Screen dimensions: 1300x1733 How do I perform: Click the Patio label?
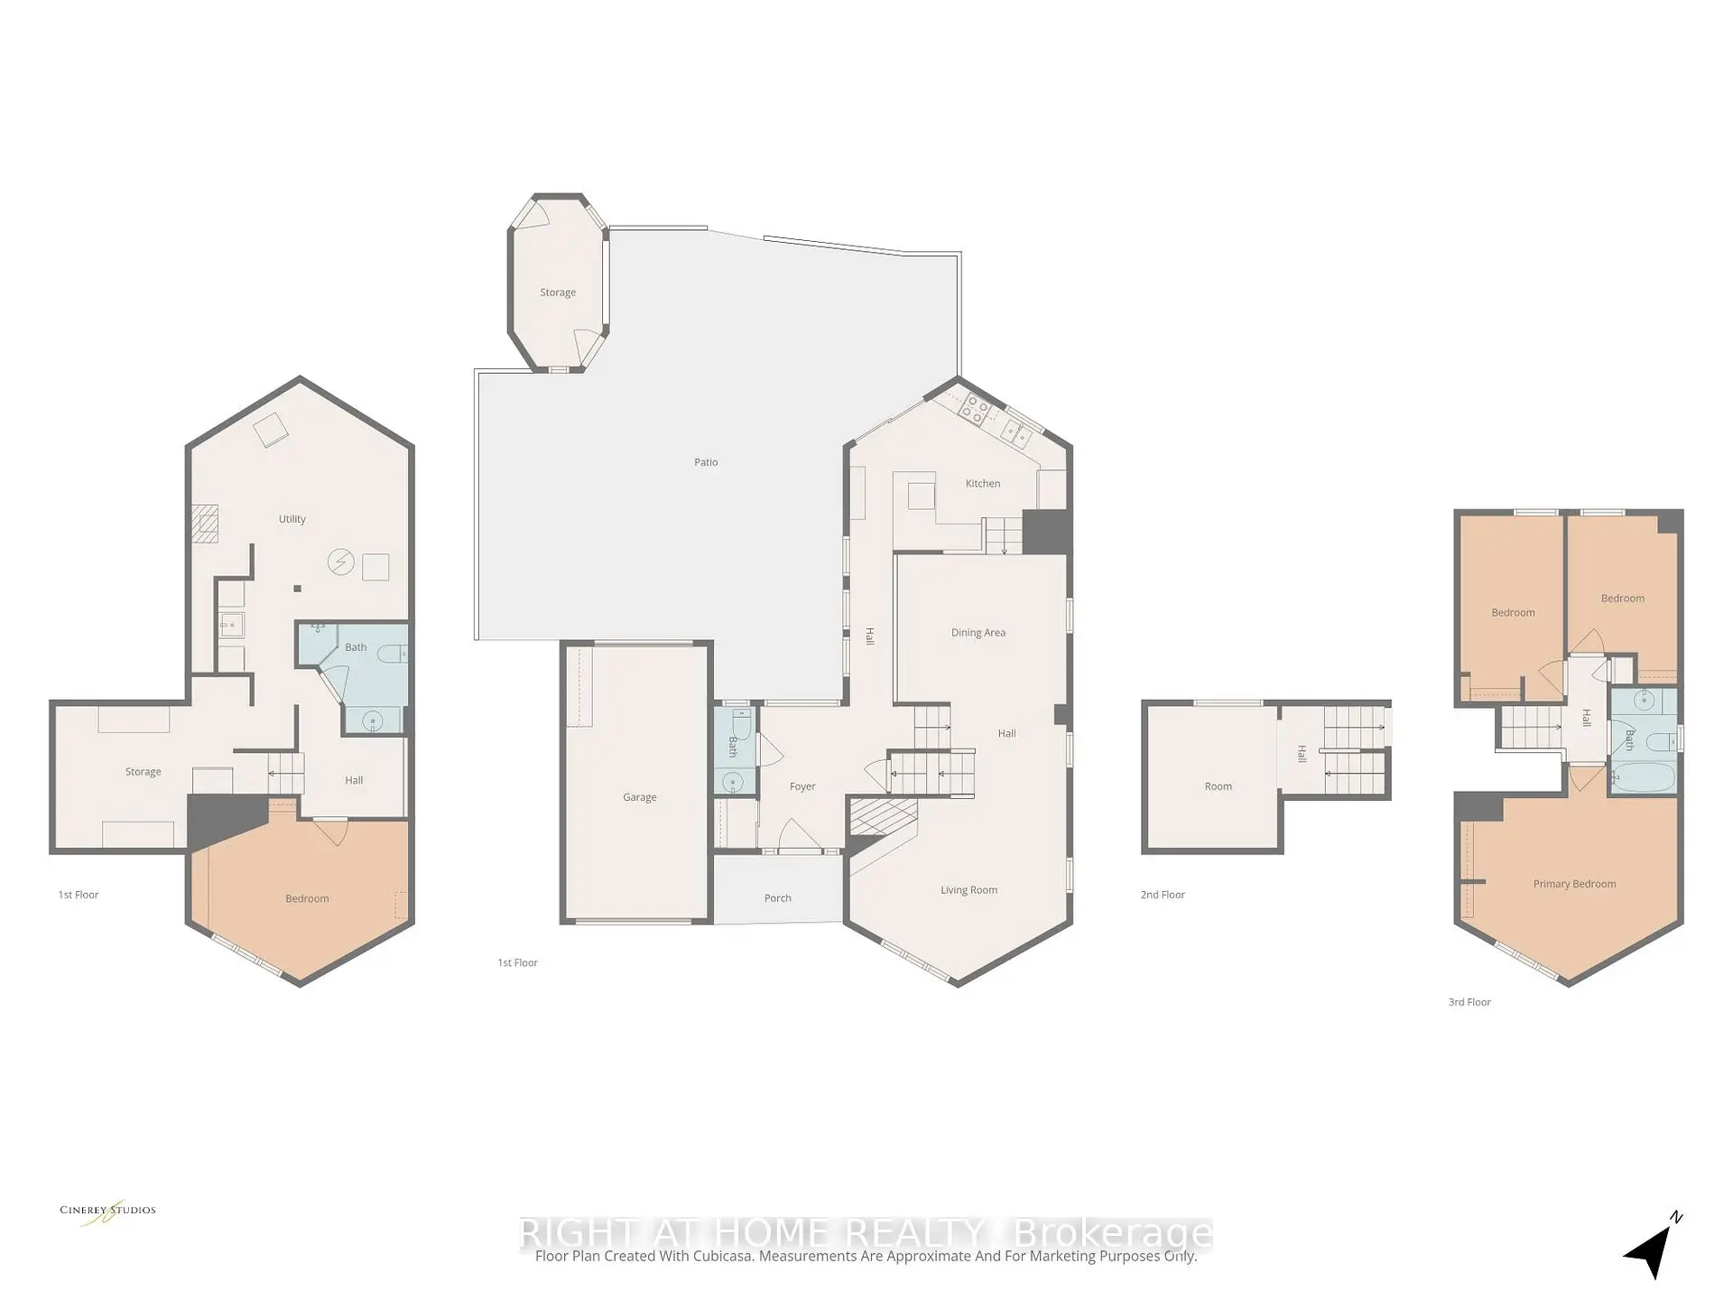click(706, 462)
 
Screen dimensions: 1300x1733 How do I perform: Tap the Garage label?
click(639, 797)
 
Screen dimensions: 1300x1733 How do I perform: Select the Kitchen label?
click(983, 484)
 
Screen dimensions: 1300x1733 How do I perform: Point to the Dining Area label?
click(978, 633)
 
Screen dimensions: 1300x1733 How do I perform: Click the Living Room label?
click(968, 890)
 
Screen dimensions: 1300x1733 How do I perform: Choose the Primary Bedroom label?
click(1574, 884)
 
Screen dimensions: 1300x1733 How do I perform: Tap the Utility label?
click(292, 519)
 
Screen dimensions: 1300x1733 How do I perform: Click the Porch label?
click(777, 898)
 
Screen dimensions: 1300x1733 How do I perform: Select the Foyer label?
click(802, 787)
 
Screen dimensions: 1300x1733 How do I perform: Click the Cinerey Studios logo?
click(107, 1212)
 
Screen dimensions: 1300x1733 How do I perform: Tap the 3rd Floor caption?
click(1469, 1002)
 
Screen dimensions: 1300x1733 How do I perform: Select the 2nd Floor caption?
click(1163, 895)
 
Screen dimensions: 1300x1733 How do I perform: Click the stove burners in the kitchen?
click(975, 409)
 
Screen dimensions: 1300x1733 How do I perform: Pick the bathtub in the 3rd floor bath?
click(1644, 777)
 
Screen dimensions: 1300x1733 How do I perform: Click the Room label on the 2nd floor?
click(1218, 786)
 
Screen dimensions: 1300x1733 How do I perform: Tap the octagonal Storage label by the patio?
click(558, 292)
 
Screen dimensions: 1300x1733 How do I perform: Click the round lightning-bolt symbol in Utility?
click(341, 562)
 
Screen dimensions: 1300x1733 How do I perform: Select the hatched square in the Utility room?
click(204, 524)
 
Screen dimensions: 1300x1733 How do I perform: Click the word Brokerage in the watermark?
click(1112, 1233)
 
